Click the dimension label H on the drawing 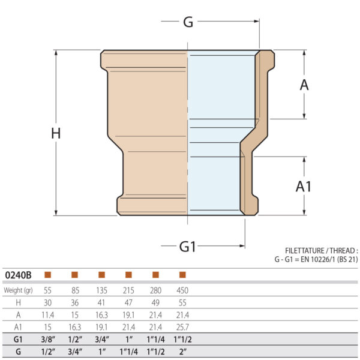[x=56, y=133]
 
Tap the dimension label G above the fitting [x=188, y=22]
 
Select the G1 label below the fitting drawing [x=188, y=246]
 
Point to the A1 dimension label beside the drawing [x=304, y=187]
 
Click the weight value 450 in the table [x=182, y=290]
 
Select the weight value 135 [x=101, y=290]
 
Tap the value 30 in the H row [x=47, y=303]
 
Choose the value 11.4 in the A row [x=47, y=315]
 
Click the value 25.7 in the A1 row [x=182, y=327]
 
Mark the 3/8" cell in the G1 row [x=47, y=340]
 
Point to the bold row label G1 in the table [x=18, y=340]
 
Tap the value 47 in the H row [x=128, y=303]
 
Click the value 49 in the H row [x=155, y=303]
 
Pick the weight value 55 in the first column [x=47, y=290]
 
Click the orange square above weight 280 [x=155, y=275]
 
